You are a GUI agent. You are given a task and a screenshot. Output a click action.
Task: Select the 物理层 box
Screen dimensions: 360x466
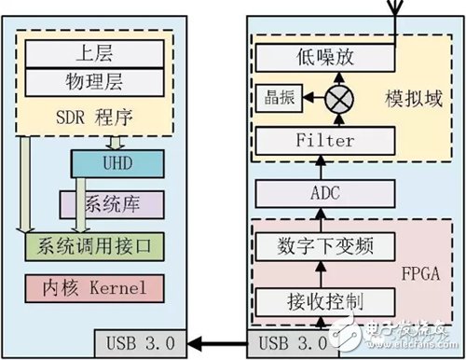pos(93,83)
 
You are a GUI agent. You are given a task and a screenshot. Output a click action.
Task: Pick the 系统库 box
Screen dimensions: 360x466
pos(112,203)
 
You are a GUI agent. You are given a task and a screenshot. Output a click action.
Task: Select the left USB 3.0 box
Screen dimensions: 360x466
pos(140,341)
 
